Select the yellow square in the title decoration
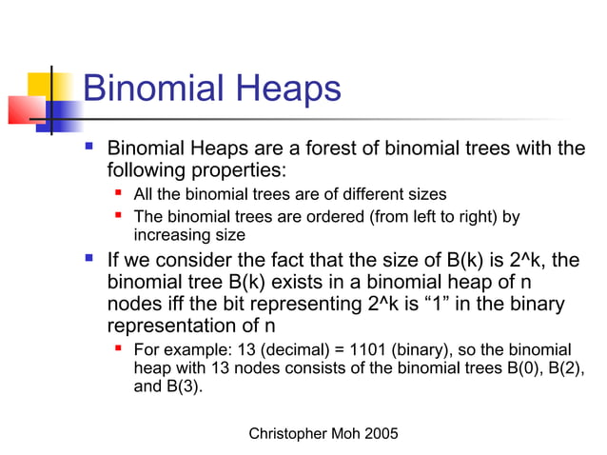tap(44, 83)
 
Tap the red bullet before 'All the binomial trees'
tap(119, 194)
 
